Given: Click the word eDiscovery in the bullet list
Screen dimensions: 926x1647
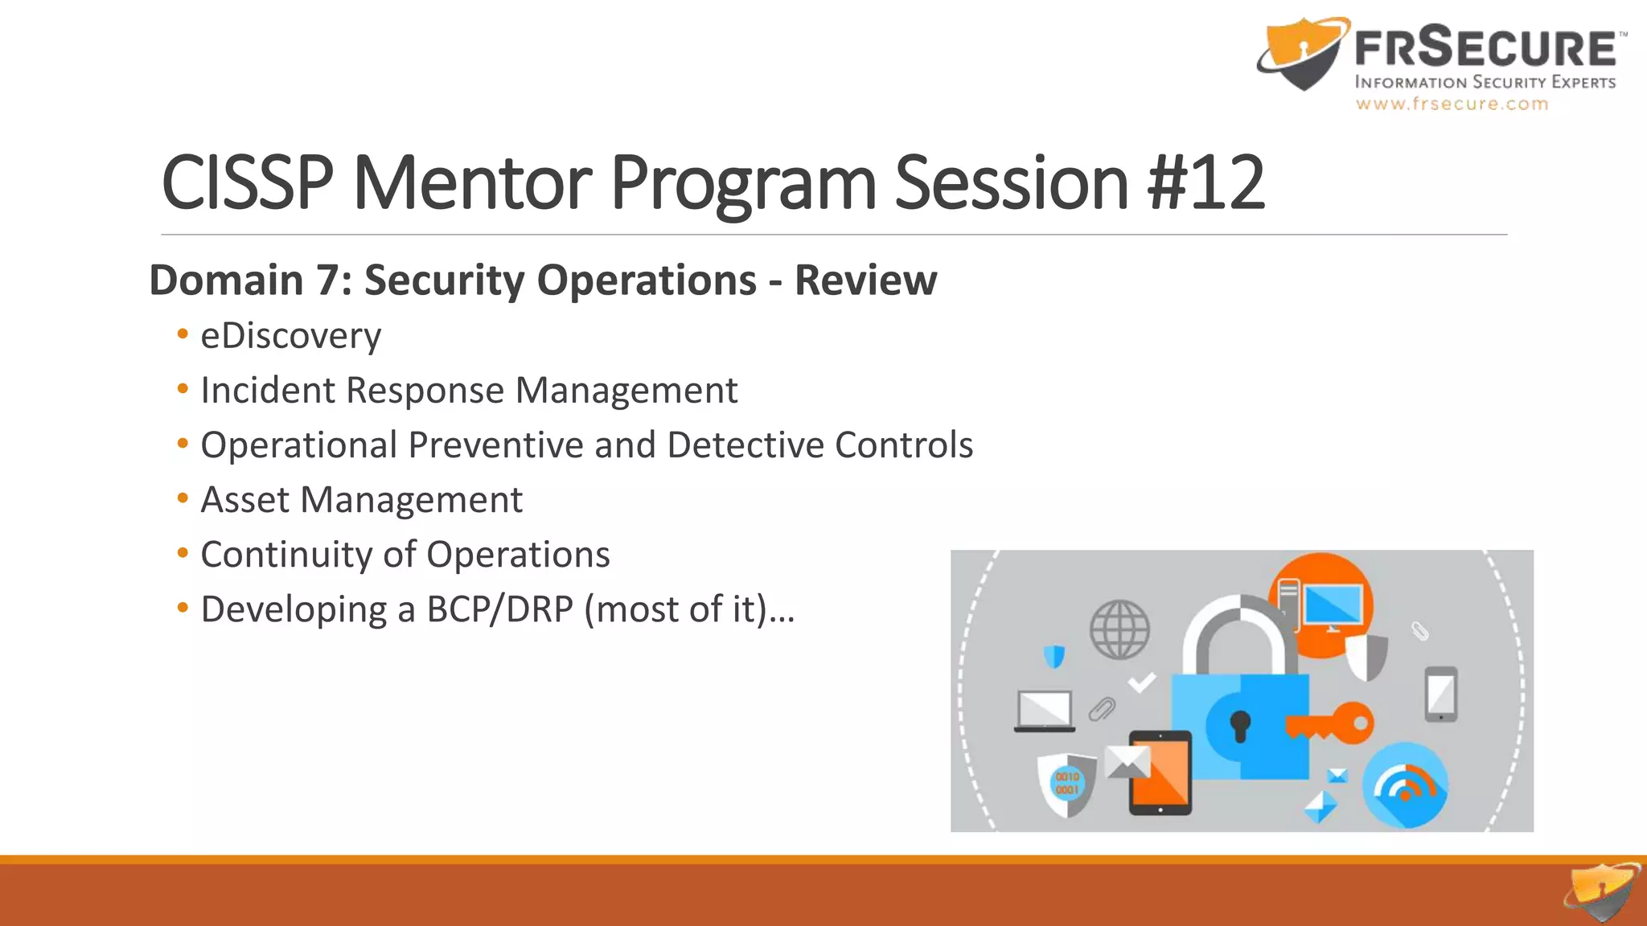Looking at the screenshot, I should click(290, 336).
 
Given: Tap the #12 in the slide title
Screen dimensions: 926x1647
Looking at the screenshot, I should click(1205, 183).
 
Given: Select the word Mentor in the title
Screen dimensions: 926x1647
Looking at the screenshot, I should click(472, 183).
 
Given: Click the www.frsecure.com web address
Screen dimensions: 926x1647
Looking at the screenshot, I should click(1452, 104).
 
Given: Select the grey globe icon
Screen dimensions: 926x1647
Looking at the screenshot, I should click(1119, 629).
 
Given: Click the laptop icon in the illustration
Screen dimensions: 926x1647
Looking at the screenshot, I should click(1044, 711).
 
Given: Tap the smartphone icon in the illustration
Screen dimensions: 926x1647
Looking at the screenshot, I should click(1440, 694).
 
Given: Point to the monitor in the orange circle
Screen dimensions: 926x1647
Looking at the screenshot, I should click(1331, 607).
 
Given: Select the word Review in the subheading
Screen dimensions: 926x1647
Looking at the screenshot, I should click(865, 281).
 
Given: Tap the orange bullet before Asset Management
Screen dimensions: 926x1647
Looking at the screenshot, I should click(183, 498).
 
